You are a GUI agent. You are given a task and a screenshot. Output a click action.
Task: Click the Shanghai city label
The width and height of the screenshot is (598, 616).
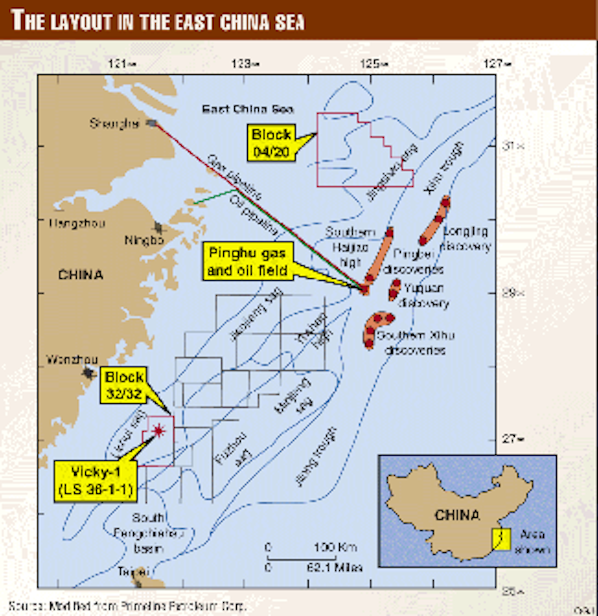(114, 123)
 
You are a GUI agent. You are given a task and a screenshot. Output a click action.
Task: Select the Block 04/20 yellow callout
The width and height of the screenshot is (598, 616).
(271, 143)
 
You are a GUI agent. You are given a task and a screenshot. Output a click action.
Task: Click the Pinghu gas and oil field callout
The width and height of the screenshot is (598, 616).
(247, 262)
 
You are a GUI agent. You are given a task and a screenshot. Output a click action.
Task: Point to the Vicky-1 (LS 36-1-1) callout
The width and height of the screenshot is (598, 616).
(96, 481)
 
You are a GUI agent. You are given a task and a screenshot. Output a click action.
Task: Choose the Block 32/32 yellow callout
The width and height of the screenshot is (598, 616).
(124, 385)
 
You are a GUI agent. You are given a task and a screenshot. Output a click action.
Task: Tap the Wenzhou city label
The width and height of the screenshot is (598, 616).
(72, 359)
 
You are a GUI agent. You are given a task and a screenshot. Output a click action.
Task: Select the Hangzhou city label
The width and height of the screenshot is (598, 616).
(77, 223)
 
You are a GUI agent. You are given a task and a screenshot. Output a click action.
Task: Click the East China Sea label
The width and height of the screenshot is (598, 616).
(248, 109)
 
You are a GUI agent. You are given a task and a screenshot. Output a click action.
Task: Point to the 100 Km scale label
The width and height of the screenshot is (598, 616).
(335, 547)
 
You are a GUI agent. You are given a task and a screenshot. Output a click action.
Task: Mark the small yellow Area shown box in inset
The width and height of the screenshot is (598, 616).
(501, 539)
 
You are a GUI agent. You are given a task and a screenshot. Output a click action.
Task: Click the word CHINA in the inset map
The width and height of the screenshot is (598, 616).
(457, 514)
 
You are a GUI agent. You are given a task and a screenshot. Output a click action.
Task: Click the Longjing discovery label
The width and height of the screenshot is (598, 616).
(467, 239)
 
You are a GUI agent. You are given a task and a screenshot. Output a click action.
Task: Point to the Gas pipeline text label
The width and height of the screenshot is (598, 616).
(234, 177)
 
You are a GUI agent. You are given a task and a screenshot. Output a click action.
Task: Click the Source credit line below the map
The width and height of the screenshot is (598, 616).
(127, 607)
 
